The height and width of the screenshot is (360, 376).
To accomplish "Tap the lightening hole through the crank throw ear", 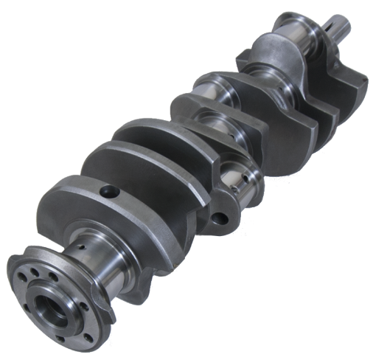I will (x=219, y=218).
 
